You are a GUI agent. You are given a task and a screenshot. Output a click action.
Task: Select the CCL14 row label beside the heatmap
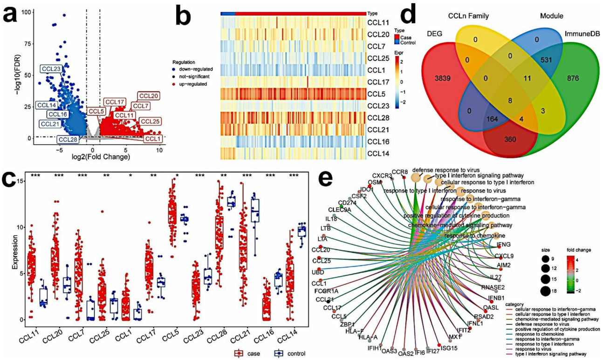point(378,153)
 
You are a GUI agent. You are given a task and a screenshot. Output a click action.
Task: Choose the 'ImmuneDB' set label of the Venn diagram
point(582,34)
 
